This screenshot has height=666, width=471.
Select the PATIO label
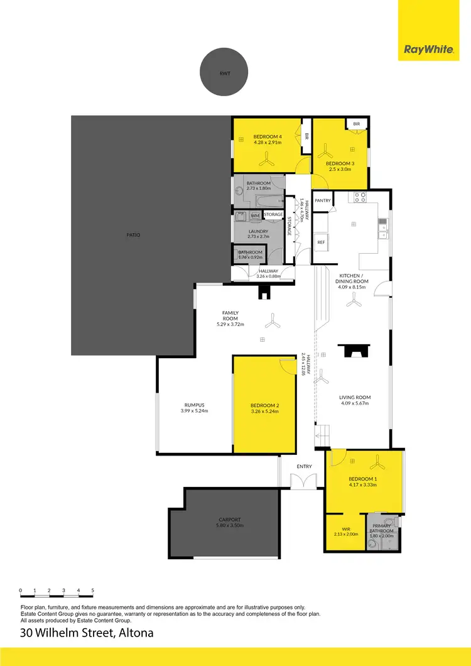pyautogui.click(x=133, y=235)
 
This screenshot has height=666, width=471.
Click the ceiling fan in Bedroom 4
pyautogui.click(x=268, y=160)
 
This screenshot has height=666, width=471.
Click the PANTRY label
pyautogui.click(x=323, y=201)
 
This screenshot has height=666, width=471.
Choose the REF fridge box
pyautogui.click(x=321, y=242)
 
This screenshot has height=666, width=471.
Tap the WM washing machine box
pyautogui.click(x=255, y=216)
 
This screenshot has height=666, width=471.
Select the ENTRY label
pyautogui.click(x=305, y=466)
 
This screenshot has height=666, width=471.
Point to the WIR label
pyautogui.click(x=345, y=529)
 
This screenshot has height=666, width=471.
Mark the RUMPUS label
pyautogui.click(x=195, y=405)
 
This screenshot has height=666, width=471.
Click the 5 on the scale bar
pyautogui.click(x=93, y=591)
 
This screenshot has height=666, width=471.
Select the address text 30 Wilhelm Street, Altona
pyautogui.click(x=87, y=633)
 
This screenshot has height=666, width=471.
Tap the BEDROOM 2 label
pyautogui.click(x=264, y=405)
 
